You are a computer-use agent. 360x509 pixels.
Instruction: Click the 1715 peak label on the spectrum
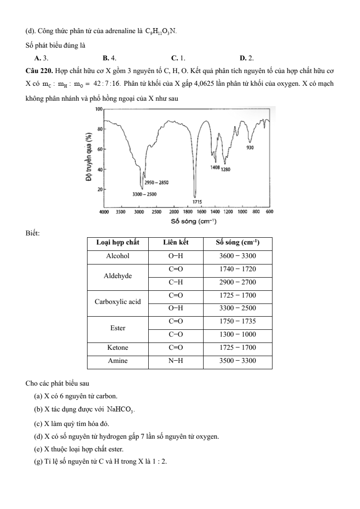pos(197,201)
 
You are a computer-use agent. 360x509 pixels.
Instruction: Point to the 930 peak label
pos(250,148)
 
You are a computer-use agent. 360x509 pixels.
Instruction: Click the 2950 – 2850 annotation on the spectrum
pos(157,182)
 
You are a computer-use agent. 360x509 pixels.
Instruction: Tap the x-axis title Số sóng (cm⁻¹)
pos(194,221)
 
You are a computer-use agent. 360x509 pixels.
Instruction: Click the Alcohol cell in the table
pos(117,256)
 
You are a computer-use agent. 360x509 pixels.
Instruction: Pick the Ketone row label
pos(117,347)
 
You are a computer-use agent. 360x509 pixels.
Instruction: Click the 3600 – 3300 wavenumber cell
pos(237,256)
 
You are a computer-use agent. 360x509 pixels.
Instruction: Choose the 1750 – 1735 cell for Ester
pos(237,321)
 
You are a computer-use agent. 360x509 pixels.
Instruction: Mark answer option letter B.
pos(105,58)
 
